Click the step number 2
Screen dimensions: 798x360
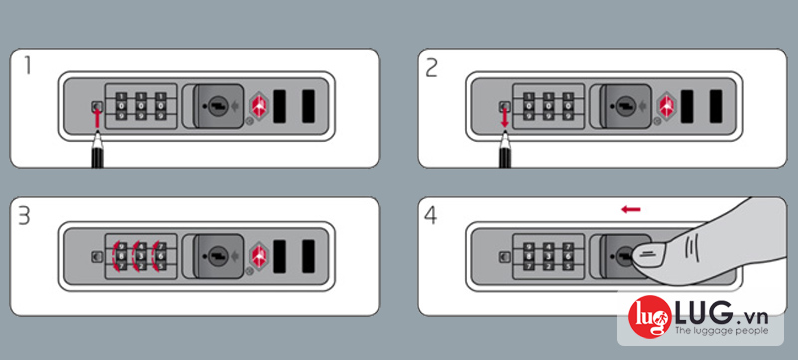(x=431, y=68)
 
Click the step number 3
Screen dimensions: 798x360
(x=24, y=217)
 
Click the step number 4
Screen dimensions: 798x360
(x=431, y=217)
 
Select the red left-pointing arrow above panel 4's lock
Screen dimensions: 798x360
(x=631, y=209)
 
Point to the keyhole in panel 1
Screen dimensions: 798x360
(x=218, y=106)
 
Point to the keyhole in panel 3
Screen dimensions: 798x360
(x=218, y=254)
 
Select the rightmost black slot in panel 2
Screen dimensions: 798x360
(x=716, y=106)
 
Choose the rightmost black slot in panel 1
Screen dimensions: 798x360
(x=308, y=106)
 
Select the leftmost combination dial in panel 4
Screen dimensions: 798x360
(x=528, y=254)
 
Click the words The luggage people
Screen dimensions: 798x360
(x=721, y=331)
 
